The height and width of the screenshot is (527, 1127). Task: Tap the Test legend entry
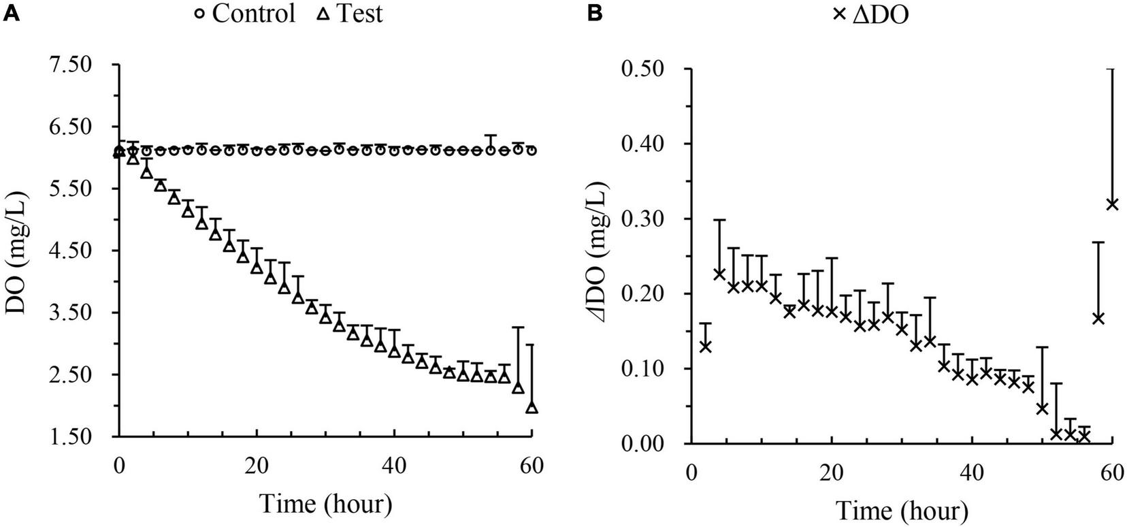350,14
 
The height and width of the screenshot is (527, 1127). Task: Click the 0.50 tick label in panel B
647,69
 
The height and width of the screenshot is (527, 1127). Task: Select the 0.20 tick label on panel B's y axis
647,293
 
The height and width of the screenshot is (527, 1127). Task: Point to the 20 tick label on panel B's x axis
832,473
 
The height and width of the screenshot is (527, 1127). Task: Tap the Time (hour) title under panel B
902,511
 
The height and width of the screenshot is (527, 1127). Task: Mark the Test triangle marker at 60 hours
532,407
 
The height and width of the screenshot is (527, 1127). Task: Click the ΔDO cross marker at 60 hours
1112,204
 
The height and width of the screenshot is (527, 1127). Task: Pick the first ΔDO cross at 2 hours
706,347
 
